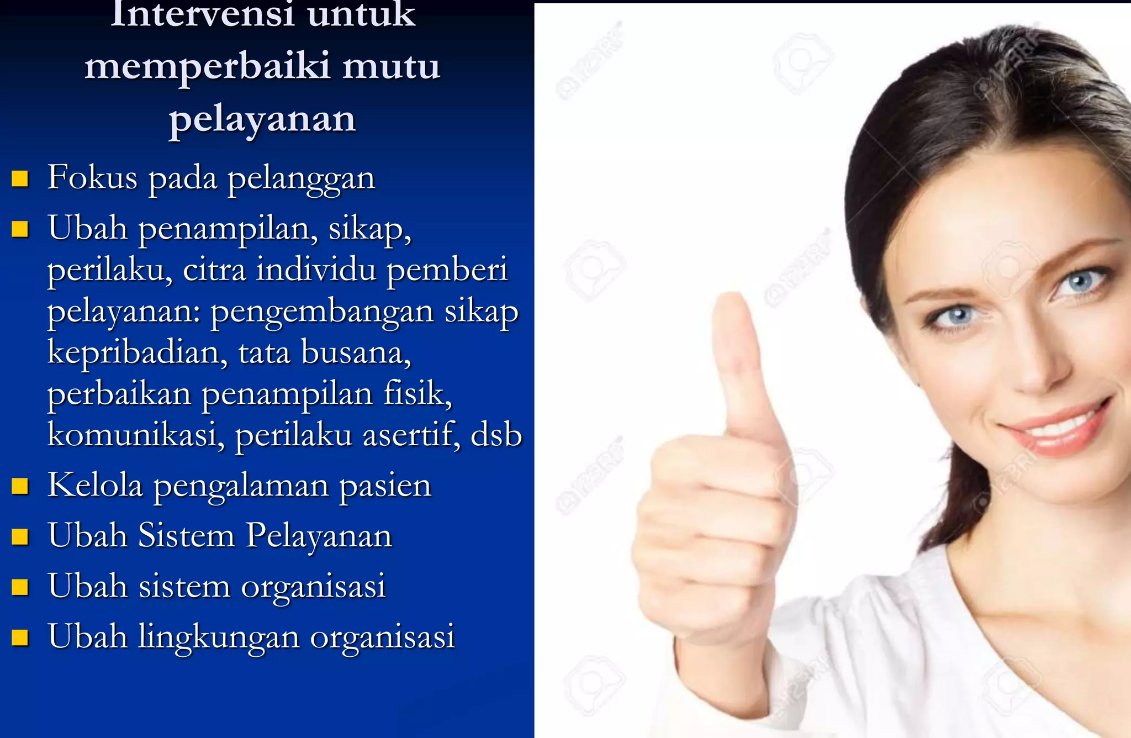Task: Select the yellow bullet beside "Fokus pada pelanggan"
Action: point(20,179)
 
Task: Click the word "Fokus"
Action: point(92,178)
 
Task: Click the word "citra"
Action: point(214,270)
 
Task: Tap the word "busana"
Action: point(356,352)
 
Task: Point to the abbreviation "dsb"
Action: point(496,435)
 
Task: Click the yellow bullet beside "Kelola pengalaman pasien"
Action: point(20,486)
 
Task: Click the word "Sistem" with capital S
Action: point(186,536)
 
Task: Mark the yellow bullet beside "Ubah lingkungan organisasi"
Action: point(20,637)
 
